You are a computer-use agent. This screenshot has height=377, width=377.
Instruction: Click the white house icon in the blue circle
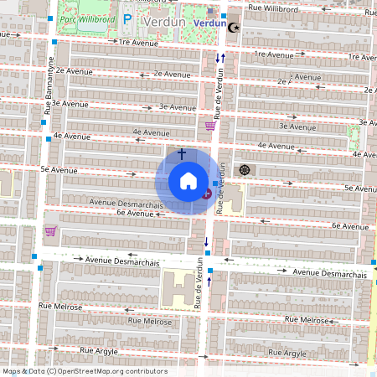pos(188,181)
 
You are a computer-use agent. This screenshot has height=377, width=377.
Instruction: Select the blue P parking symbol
pos(127,19)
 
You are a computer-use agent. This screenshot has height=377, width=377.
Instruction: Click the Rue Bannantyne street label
pos(48,84)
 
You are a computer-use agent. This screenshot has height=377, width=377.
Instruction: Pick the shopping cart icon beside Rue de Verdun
pos(210,126)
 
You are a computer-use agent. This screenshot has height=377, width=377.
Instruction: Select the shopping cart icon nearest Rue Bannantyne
pos(50,231)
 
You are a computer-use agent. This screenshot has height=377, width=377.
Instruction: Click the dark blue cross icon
pos(181,154)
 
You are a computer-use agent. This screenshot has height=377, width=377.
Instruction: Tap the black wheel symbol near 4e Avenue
pos(245,170)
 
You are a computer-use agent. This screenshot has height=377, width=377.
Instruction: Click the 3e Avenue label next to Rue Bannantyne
pos(70,104)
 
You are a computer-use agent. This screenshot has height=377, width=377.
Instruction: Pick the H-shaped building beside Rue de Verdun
pos(177,289)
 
